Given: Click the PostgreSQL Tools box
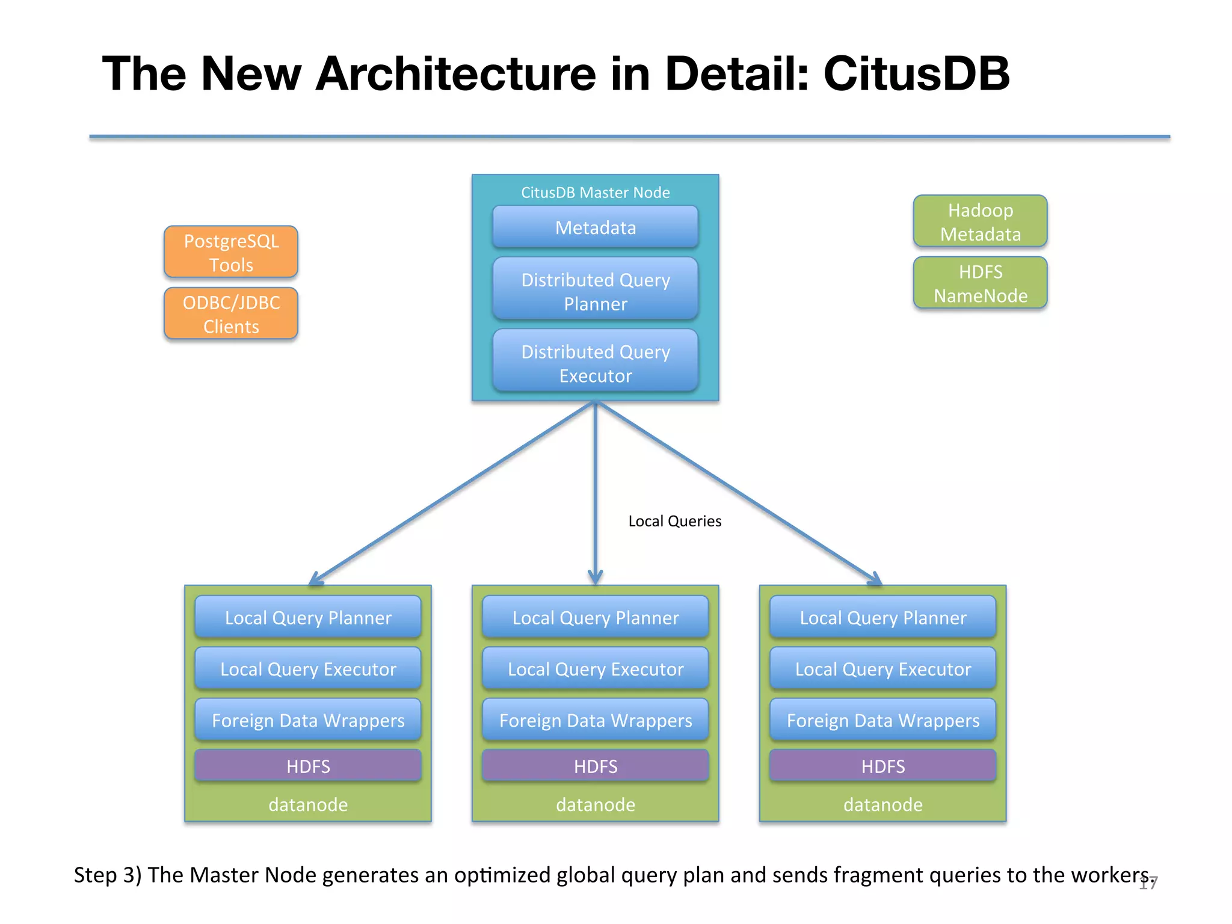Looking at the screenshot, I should coord(231,252).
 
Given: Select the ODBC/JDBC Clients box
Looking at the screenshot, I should coord(231,313).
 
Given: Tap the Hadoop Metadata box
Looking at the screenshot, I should coord(980,221).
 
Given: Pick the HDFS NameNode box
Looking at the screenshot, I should coord(980,283).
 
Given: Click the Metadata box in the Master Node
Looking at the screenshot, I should coord(595,227).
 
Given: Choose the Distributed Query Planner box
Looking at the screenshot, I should coord(595,291).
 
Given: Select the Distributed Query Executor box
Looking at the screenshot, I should coord(595,363).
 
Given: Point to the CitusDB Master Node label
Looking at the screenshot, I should coord(595,192).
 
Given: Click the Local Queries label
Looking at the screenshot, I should coord(674,521).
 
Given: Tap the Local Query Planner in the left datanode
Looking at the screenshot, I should coord(308,617).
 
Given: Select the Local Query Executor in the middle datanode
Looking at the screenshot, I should coord(595,668).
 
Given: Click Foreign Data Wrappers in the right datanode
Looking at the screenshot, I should coord(882,719).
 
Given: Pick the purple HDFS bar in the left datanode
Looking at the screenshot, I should coord(308,766).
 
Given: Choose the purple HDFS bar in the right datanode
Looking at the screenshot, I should coord(882,766).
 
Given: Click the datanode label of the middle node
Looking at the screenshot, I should coord(595,804).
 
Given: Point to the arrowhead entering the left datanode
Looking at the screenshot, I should coord(315,580).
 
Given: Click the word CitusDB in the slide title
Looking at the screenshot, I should coord(916,73).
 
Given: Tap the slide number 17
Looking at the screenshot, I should coord(1148,883).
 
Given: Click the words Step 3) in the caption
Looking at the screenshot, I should coord(108,875).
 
